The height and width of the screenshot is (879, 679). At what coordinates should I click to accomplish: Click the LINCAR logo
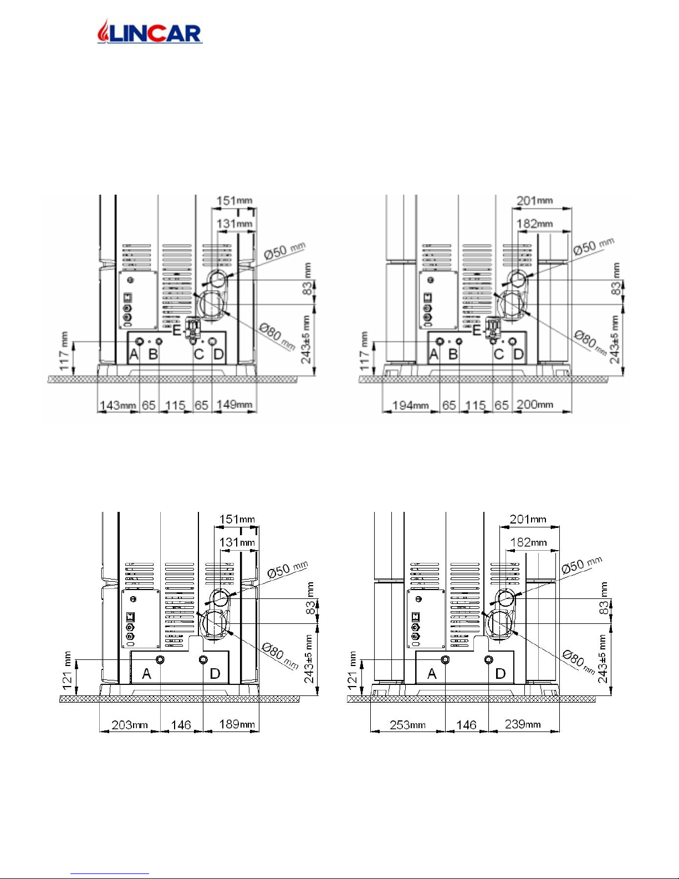[x=150, y=32]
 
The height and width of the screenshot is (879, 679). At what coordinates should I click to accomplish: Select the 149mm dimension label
[x=234, y=404]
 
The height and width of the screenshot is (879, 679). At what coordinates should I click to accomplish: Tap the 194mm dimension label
[x=410, y=405]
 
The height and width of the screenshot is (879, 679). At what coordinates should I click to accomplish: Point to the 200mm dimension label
[x=535, y=404]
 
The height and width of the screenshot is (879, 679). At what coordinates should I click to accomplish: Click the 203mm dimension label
[x=129, y=724]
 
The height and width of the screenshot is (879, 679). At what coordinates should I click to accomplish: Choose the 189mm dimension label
[x=237, y=724]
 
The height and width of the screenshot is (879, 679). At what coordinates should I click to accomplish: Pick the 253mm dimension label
[x=407, y=724]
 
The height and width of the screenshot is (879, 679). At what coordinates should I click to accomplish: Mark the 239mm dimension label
[x=523, y=724]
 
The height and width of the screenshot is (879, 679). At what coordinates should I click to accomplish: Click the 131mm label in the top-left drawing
[x=234, y=223]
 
